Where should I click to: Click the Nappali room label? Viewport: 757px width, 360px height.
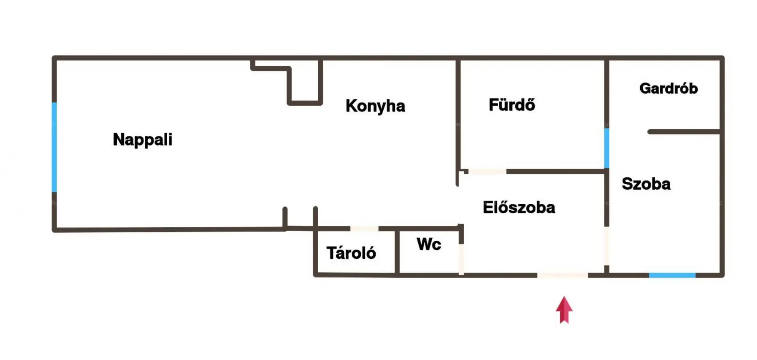pos(142,140)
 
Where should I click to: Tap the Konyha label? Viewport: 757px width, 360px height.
pos(375,106)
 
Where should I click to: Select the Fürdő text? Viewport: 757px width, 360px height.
pos(511,105)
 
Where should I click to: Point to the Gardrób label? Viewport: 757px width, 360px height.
pos(668,88)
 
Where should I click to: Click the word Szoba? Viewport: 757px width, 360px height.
pos(646,184)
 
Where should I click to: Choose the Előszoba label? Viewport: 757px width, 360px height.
pos(518,208)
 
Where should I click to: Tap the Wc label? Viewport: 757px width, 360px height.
pos(429,244)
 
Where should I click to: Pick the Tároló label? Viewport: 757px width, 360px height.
pos(351,253)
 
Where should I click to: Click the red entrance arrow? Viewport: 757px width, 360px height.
pos(564,310)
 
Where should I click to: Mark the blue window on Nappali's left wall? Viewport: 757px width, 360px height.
pos(54,147)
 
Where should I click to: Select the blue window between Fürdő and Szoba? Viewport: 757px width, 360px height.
pos(606,148)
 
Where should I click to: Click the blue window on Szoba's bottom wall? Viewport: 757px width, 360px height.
pos(672,275)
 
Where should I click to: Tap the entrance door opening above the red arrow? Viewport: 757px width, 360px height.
pos(562,275)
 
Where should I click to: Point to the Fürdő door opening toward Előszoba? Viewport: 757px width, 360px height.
pos(487,172)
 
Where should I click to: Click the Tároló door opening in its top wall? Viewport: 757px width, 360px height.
pos(364,229)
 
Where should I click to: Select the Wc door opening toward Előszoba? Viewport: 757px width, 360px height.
pos(461,259)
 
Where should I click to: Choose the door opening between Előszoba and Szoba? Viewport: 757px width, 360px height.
pos(606,246)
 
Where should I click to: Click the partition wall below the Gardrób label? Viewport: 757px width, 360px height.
pos(684,132)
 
